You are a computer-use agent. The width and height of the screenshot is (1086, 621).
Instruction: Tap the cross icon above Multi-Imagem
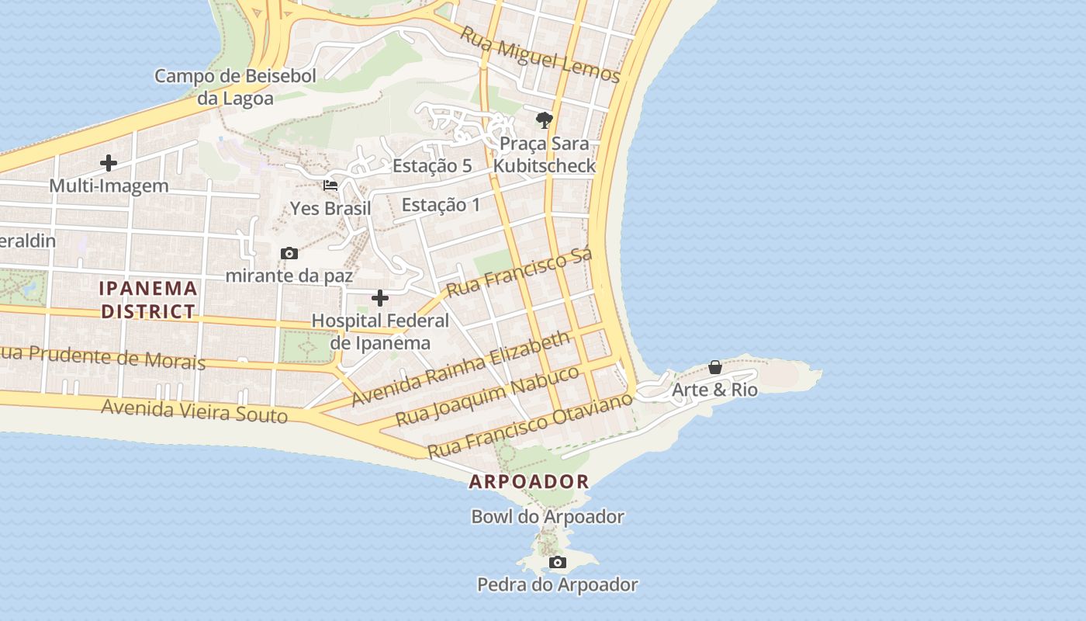click(x=109, y=163)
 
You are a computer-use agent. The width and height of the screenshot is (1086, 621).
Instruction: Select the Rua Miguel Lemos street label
click(x=540, y=54)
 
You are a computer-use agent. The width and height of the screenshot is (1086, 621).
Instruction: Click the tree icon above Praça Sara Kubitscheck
click(x=545, y=120)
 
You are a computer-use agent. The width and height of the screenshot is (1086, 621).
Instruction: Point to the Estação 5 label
click(x=432, y=165)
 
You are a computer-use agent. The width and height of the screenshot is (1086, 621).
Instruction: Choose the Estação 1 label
click(x=441, y=205)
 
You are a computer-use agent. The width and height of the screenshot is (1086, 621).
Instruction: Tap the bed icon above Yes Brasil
click(x=330, y=186)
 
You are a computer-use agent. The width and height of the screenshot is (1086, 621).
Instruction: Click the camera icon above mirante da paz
click(x=289, y=253)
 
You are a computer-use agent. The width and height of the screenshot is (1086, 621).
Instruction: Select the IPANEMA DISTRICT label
click(x=148, y=300)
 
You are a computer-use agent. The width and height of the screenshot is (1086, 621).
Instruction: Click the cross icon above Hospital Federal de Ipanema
click(x=380, y=298)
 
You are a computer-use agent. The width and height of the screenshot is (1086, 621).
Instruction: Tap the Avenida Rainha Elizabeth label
click(x=461, y=369)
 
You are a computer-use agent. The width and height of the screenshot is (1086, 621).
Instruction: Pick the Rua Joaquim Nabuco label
click(x=487, y=395)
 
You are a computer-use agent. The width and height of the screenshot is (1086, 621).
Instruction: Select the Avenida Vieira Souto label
click(x=194, y=411)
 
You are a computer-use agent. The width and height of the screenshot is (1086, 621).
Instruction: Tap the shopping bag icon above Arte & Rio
click(x=715, y=367)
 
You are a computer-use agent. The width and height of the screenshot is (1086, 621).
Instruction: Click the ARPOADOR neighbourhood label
click(x=529, y=481)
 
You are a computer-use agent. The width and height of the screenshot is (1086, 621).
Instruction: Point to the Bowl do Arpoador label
click(x=548, y=516)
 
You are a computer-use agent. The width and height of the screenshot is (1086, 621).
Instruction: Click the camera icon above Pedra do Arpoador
click(x=557, y=562)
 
